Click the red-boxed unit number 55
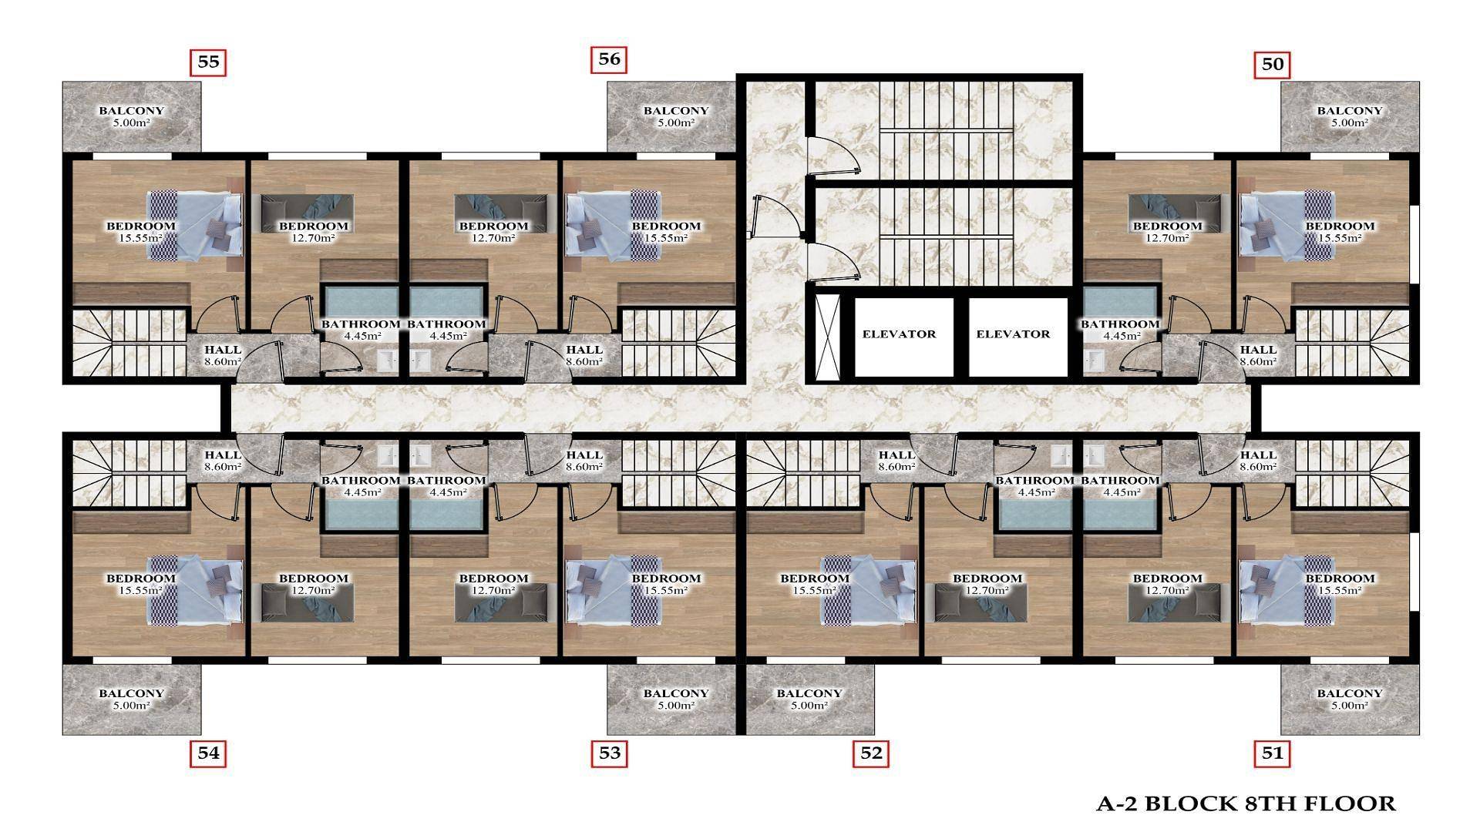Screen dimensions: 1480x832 [208, 62]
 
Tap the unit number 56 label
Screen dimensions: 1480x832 [609, 60]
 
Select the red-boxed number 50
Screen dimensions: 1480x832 [1273, 65]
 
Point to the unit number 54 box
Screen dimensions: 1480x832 [208, 753]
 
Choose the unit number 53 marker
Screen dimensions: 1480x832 [609, 753]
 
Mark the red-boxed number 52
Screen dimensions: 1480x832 [871, 753]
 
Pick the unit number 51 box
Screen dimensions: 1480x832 [1273, 753]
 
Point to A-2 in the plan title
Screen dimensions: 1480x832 [1117, 804]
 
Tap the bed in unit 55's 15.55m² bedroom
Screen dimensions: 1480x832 [195, 224]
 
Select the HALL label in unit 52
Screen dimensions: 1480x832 [896, 455]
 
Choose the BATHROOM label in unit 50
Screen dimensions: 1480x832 [1119, 324]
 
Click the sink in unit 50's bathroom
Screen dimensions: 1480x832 [1093, 359]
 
